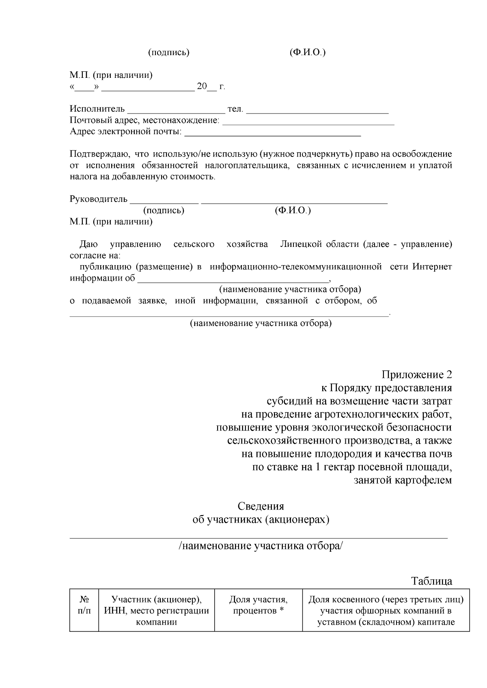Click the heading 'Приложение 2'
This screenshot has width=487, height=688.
pyautogui.click(x=417, y=374)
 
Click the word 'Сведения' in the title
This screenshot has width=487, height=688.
pyautogui.click(x=261, y=506)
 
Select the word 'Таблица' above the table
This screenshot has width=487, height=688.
pyautogui.click(x=432, y=581)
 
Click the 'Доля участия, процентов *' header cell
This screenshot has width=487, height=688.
pyautogui.click(x=258, y=605)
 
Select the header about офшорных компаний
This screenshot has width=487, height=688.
pyautogui.click(x=386, y=610)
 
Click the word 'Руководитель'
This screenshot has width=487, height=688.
pyautogui.click(x=99, y=199)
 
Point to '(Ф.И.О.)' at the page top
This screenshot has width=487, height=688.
pyautogui.click(x=307, y=52)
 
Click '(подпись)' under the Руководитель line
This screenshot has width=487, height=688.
pyautogui.click(x=164, y=210)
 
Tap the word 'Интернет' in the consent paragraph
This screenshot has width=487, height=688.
pyautogui.click(x=432, y=267)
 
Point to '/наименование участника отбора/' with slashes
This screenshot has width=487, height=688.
pyautogui.click(x=261, y=546)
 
